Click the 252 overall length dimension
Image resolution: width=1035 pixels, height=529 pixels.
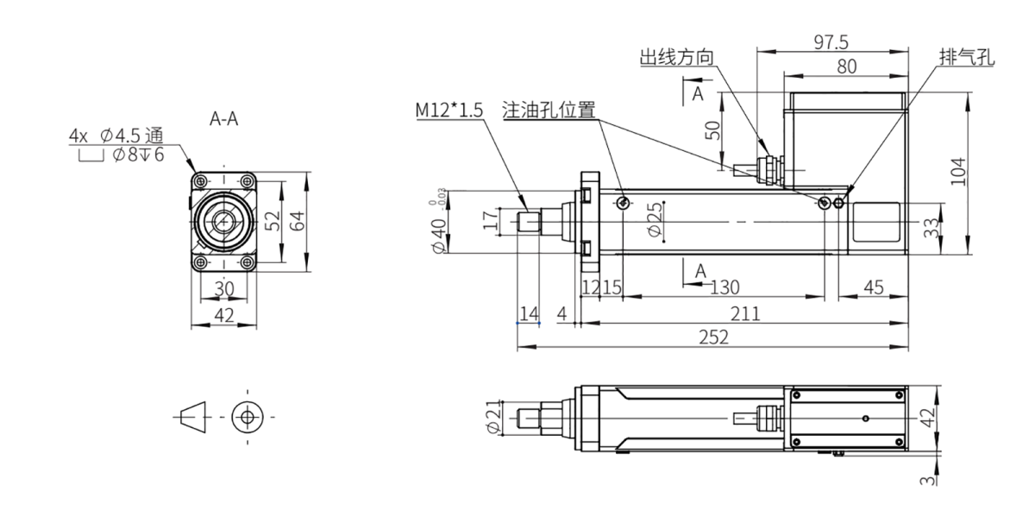pyautogui.click(x=714, y=337)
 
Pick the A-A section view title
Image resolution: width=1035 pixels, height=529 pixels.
pyautogui.click(x=224, y=119)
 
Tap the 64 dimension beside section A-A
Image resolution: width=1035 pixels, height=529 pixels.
pyautogui.click(x=297, y=221)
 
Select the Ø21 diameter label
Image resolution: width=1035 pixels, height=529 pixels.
pyautogui.click(x=494, y=415)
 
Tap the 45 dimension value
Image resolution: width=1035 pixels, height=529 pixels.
pyautogui.click(x=874, y=287)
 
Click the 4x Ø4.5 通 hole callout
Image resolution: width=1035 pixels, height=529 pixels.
pyautogui.click(x=116, y=137)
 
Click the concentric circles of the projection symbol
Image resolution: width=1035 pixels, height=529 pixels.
pyautogui.click(x=248, y=415)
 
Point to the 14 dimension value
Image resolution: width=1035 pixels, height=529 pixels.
pyautogui.click(x=528, y=313)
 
